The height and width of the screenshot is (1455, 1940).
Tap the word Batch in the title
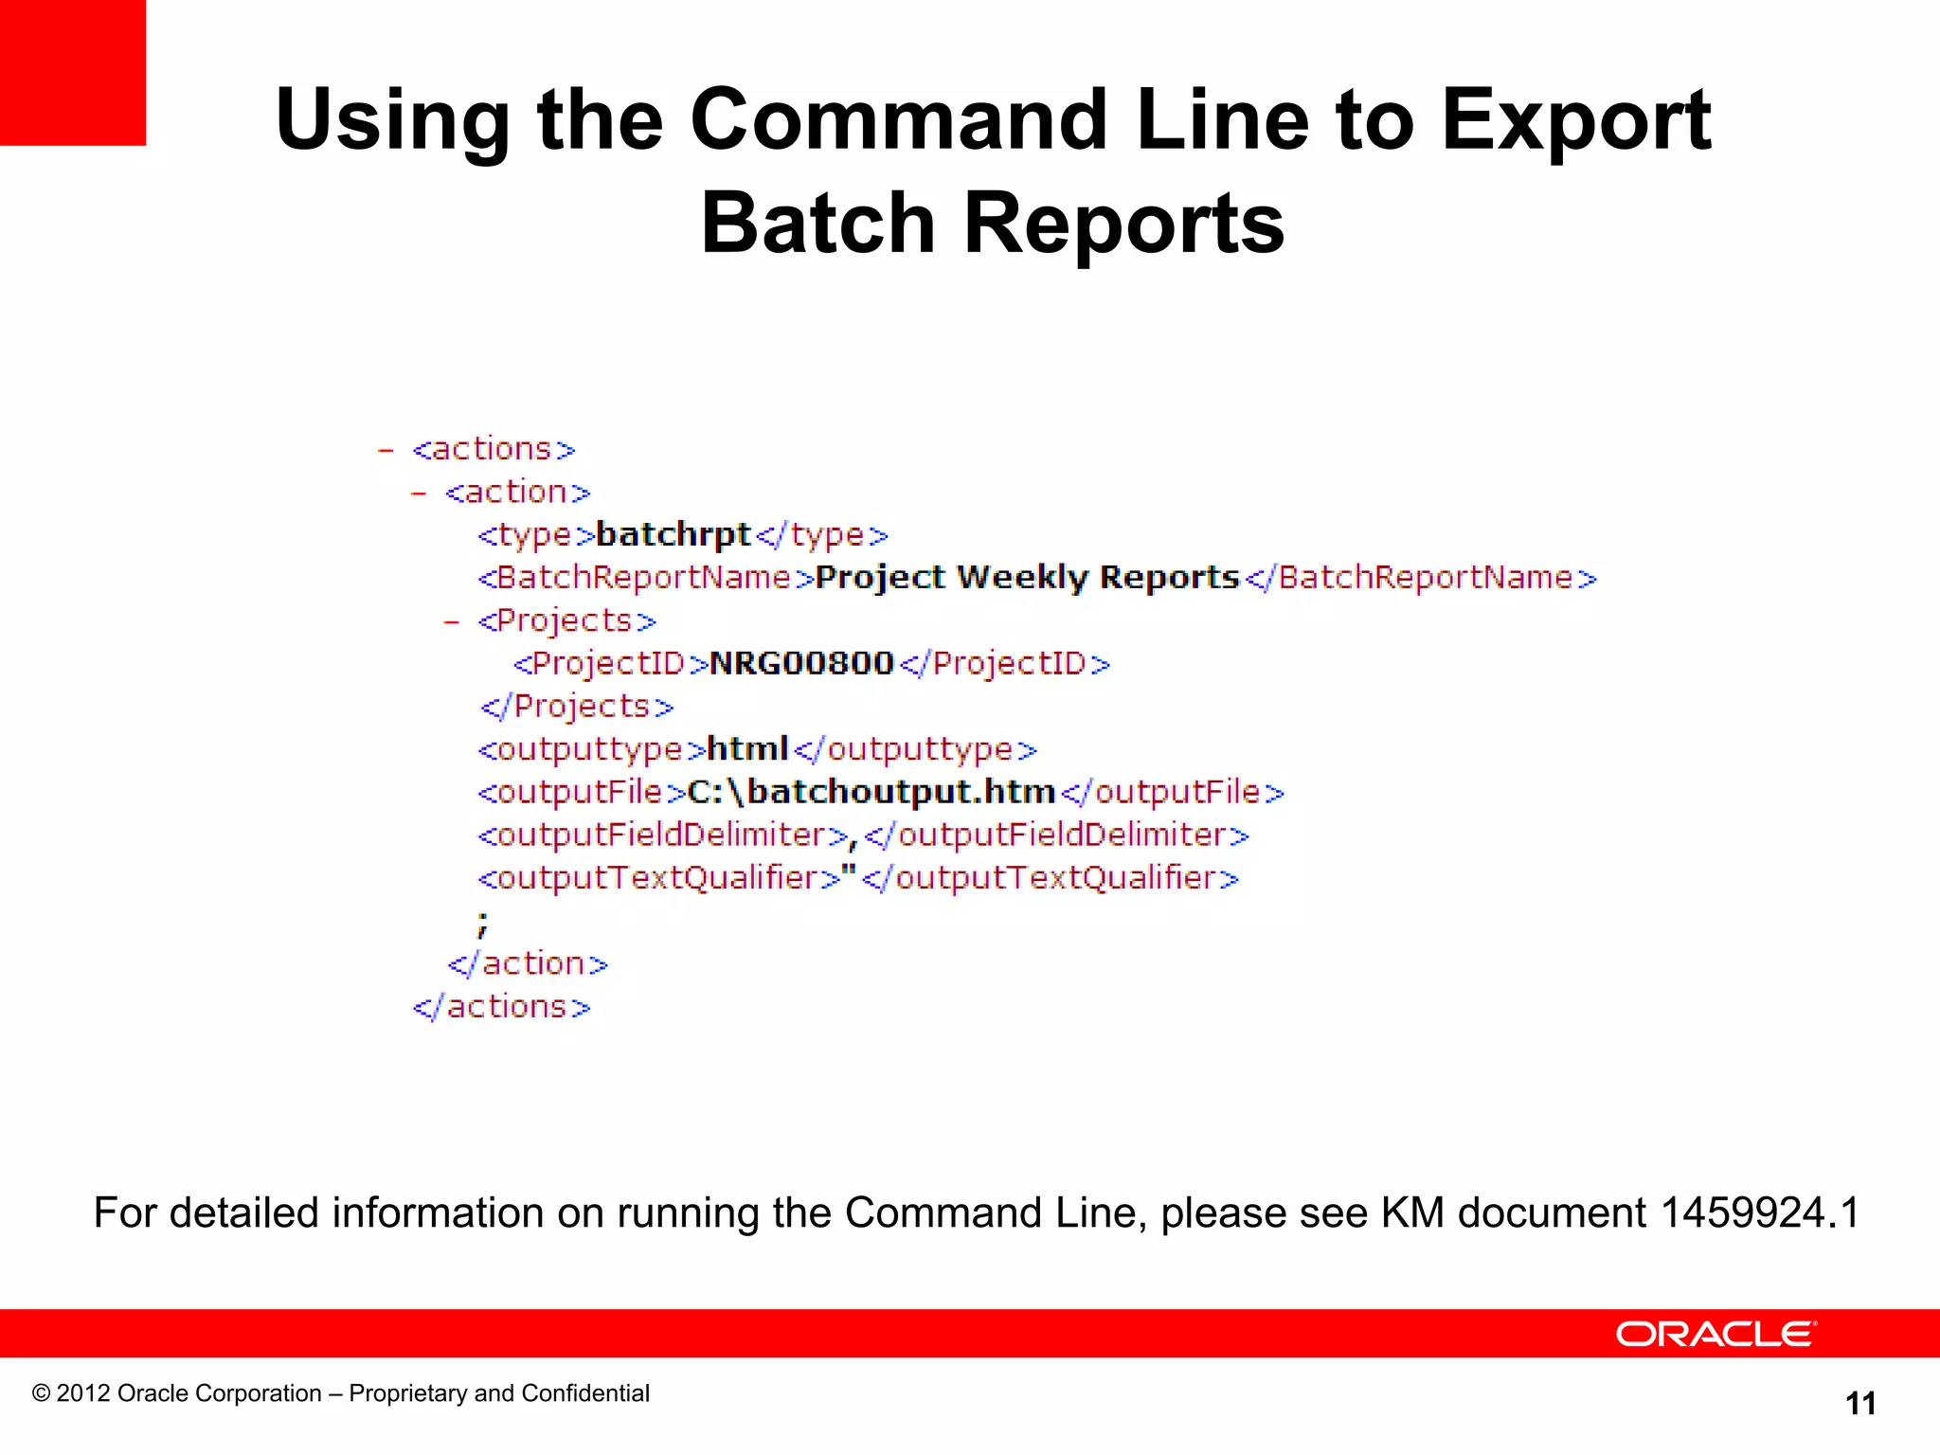[817, 224]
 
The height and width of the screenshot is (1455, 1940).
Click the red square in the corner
[72, 72]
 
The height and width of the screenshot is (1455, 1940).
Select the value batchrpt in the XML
[673, 535]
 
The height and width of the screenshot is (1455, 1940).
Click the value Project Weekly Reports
[1027, 578]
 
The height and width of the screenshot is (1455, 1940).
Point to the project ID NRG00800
[801, 663]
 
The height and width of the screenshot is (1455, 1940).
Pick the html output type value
[747, 749]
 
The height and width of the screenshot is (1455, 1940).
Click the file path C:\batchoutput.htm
[871, 792]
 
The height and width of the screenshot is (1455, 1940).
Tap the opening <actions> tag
[494, 449]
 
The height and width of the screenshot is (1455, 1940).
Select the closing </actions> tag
[501, 1007]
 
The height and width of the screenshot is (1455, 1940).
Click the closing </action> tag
[528, 964]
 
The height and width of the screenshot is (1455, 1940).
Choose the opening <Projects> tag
[566, 621]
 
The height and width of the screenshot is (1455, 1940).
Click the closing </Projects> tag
[577, 707]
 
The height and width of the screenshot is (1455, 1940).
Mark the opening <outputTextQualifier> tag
[659, 879]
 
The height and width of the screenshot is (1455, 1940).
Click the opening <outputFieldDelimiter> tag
[663, 835]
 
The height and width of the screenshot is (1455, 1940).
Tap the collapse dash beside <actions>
[386, 450]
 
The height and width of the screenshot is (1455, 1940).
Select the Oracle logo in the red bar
[1715, 1334]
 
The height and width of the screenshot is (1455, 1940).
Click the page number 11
[1860, 1404]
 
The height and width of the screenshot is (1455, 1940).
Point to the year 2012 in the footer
[83, 1393]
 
